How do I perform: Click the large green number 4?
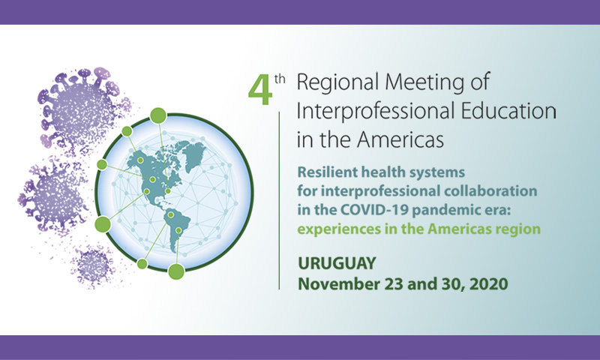point(260,90)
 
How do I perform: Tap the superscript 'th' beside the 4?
point(280,79)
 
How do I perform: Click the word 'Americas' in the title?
point(400,139)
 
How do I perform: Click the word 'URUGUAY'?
point(337,263)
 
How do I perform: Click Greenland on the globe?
point(194,156)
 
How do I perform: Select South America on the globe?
point(177,229)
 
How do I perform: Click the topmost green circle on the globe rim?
point(158,115)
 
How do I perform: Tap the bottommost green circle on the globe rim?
point(176,271)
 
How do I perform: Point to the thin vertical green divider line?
point(279,200)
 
